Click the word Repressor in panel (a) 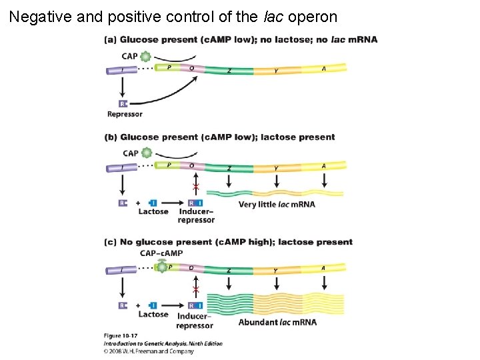click(125, 114)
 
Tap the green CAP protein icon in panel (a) click(146, 57)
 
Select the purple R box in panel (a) click(123, 103)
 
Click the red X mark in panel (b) click(195, 186)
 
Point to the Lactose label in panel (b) click(153, 211)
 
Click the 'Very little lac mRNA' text click(277, 204)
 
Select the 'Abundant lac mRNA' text click(277, 322)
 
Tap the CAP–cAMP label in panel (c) click(161, 253)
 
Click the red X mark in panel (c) click(195, 289)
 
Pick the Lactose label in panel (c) click(153, 314)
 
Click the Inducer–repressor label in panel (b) click(196, 215)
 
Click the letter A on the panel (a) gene click(324, 68)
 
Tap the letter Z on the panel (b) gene click(229, 169)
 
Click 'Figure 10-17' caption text click(120, 335)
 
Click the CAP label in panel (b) click(131, 153)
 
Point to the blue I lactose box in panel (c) click(153, 305)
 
